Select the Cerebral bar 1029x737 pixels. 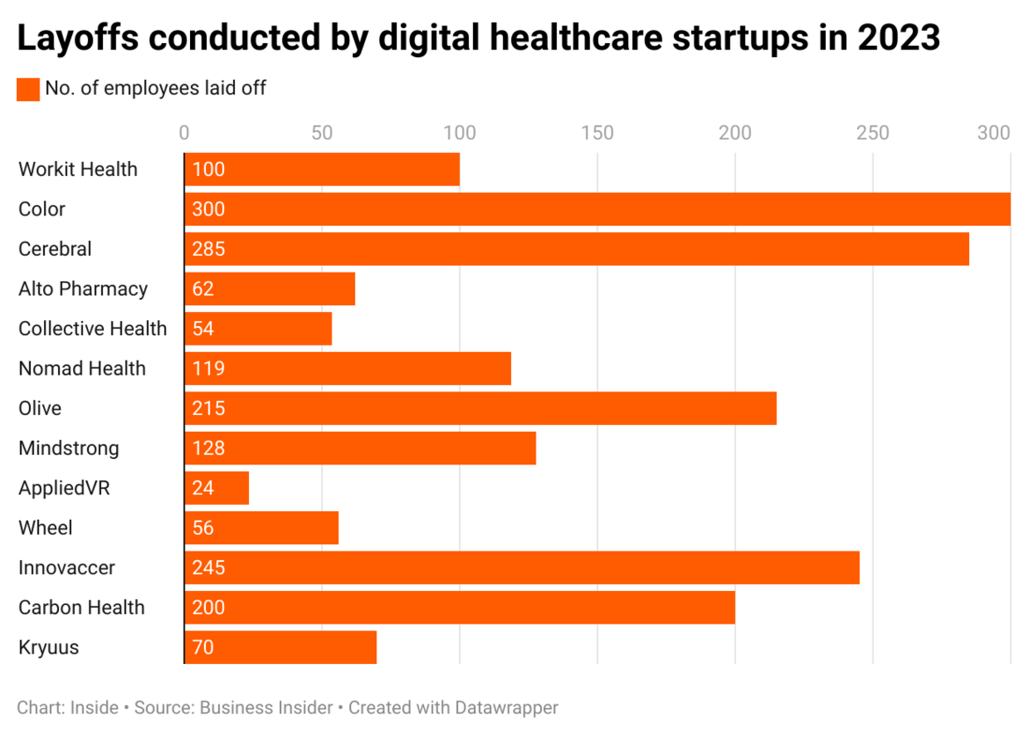(576, 249)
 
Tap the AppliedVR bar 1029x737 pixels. (216, 488)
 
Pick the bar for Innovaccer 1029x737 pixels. (522, 567)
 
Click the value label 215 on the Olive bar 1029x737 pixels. (208, 408)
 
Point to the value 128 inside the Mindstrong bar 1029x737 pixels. (208, 449)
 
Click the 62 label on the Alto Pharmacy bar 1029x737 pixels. (203, 289)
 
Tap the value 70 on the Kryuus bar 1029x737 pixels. (203, 648)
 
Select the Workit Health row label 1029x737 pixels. (78, 169)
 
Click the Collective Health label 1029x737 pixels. (92, 329)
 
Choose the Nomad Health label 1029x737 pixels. (82, 368)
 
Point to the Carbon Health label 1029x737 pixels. (82, 608)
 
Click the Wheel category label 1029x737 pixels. (46, 528)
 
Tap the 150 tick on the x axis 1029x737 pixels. (597, 133)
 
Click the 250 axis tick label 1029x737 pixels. (872, 133)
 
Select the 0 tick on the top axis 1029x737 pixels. (184, 133)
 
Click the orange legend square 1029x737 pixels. (28, 89)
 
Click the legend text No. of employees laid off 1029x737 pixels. (156, 88)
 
